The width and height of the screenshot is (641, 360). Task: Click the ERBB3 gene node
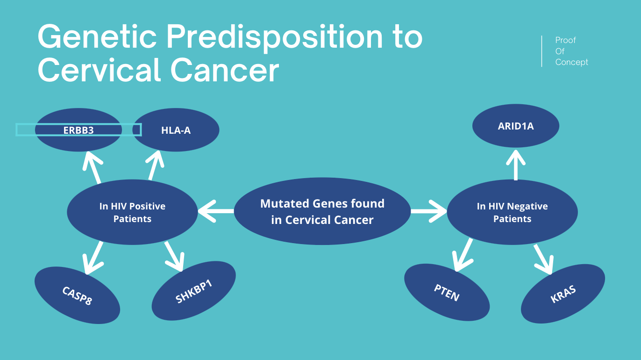point(78,130)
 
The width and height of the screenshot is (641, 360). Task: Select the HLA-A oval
point(176,130)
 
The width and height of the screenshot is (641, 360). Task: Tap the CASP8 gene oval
point(77,295)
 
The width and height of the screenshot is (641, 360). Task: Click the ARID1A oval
point(515,126)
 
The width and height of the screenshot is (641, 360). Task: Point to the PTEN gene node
point(447,293)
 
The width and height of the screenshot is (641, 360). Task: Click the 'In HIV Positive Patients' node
point(132,212)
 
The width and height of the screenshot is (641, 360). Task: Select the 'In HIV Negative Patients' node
point(513,212)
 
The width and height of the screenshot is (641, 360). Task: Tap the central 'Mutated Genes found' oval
point(322,211)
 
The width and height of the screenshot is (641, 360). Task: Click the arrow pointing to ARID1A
point(516,164)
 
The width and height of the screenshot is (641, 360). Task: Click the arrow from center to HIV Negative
point(428,211)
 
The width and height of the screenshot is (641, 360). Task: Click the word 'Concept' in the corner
point(571,62)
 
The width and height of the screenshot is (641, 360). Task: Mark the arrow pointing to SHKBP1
point(174,255)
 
